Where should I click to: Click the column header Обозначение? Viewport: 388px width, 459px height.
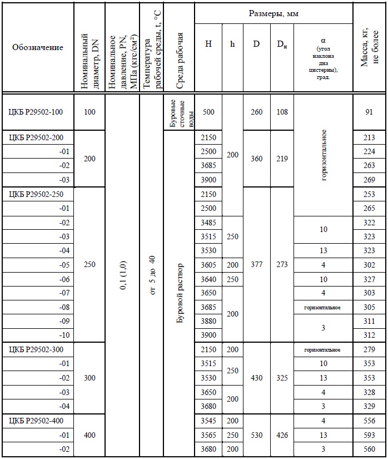38,48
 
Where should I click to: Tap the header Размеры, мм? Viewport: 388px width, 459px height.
273,13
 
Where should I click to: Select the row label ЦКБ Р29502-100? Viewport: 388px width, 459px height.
36,112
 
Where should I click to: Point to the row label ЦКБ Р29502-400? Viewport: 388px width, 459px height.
36,421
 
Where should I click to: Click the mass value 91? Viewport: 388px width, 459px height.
369,112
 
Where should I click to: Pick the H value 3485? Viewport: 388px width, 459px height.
208,223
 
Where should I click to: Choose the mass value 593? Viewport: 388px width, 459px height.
369,435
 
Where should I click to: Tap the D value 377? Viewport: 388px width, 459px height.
256,265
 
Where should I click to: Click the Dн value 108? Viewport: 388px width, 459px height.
282,112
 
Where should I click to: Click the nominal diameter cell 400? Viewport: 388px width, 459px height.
89,435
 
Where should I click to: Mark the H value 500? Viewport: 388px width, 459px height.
208,112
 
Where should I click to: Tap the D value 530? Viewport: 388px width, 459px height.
256,435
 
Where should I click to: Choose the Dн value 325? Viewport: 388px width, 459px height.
282,378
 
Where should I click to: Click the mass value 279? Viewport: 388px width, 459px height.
369,350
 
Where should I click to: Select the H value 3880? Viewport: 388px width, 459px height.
208,322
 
